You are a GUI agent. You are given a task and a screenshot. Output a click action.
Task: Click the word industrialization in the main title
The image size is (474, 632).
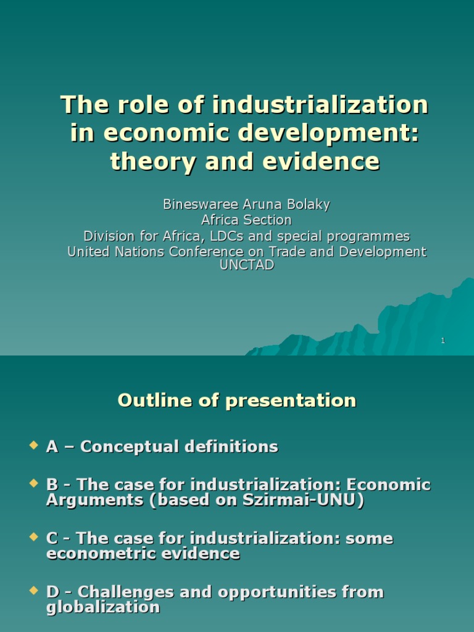click(x=320, y=105)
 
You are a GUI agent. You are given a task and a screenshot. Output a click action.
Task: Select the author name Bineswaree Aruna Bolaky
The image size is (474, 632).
click(x=246, y=204)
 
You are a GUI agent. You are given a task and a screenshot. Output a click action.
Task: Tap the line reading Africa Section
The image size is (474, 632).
click(x=246, y=220)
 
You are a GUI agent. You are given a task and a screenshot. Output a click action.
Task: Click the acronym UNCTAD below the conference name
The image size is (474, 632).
click(x=246, y=265)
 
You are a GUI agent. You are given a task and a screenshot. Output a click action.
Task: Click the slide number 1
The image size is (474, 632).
click(x=443, y=341)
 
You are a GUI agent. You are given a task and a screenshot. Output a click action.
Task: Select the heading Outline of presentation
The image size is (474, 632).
click(x=237, y=401)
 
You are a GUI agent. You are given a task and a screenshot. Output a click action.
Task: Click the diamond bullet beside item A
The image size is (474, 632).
click(x=33, y=445)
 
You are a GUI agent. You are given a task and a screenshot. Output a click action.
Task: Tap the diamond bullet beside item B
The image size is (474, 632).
click(x=33, y=483)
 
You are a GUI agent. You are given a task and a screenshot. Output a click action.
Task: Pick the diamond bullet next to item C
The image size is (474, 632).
click(x=33, y=537)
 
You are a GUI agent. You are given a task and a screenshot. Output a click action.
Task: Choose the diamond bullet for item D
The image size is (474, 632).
click(x=33, y=591)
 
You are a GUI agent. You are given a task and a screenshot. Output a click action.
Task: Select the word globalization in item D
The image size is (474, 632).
click(x=103, y=607)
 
